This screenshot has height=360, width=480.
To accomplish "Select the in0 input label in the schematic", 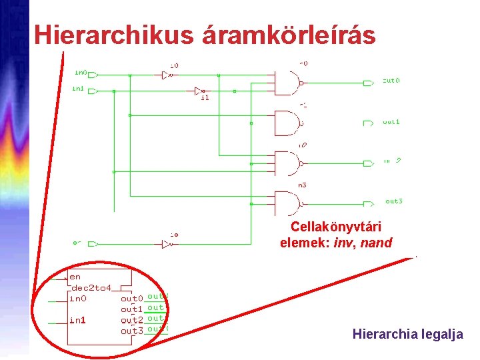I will (81, 72).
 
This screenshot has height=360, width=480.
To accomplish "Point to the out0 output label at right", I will (391, 81).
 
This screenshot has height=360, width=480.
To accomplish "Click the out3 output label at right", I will (394, 201).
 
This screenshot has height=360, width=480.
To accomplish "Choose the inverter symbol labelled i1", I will (198, 91).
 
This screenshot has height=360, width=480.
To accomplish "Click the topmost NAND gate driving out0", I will (289, 83).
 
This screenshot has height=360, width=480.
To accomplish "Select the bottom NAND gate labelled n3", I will (289, 203).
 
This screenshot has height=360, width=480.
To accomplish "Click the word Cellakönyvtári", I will (335, 227).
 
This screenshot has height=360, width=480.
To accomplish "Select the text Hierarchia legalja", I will (407, 335).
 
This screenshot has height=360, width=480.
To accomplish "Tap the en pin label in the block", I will (75, 277).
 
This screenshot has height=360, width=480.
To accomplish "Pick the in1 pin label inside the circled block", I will (78, 320).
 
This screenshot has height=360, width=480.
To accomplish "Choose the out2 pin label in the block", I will (132, 321).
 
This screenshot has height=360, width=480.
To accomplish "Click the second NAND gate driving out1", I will (289, 123).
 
